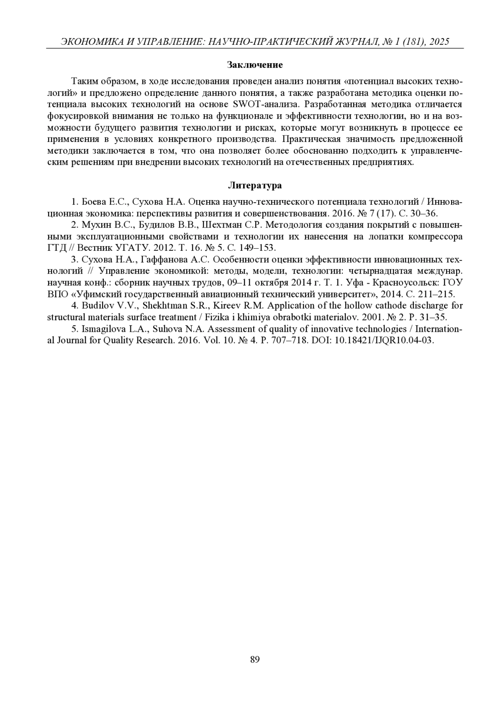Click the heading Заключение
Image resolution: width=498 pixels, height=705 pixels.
[x=255, y=65]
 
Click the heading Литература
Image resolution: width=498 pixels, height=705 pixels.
[x=255, y=186]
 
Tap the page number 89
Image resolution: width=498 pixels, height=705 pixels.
[x=255, y=659]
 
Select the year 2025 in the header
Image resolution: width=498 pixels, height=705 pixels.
[x=439, y=42]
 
